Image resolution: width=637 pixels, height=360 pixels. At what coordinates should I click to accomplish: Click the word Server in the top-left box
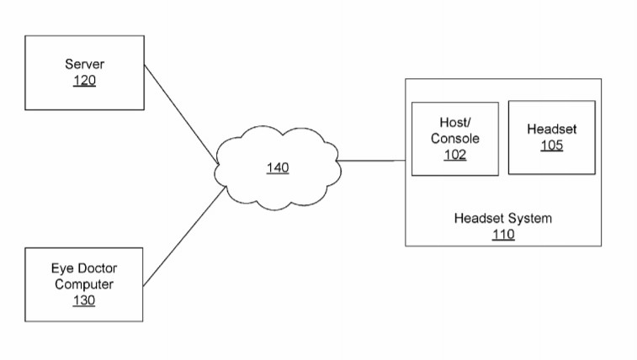84,64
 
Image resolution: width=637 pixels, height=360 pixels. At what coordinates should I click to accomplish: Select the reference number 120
84,81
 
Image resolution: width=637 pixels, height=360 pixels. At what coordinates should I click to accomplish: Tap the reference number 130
84,300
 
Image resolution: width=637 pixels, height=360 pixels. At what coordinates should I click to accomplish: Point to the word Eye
60,268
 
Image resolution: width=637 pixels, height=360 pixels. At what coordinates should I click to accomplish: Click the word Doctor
94,268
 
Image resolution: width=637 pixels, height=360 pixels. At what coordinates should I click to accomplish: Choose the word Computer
84,284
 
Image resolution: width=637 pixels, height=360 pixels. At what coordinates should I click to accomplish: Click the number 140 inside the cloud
278,167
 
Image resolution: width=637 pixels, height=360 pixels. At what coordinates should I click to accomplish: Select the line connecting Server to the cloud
182,114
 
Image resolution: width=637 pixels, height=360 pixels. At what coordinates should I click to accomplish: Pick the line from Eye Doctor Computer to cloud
184,236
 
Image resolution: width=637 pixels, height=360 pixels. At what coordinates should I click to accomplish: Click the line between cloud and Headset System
371,161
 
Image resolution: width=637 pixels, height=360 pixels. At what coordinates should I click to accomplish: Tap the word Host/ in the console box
455,122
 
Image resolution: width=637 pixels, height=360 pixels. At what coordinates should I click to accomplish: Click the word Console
455,139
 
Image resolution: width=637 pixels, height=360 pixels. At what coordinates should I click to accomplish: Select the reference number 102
455,155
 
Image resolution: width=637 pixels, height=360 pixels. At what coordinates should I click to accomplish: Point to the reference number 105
552,146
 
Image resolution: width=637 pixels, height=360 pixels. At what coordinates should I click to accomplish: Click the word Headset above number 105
552,129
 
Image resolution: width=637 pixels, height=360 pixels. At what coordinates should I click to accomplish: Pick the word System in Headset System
529,219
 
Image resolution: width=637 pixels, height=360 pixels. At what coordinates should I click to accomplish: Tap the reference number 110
503,234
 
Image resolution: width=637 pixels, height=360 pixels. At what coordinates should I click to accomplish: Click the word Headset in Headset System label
479,219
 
